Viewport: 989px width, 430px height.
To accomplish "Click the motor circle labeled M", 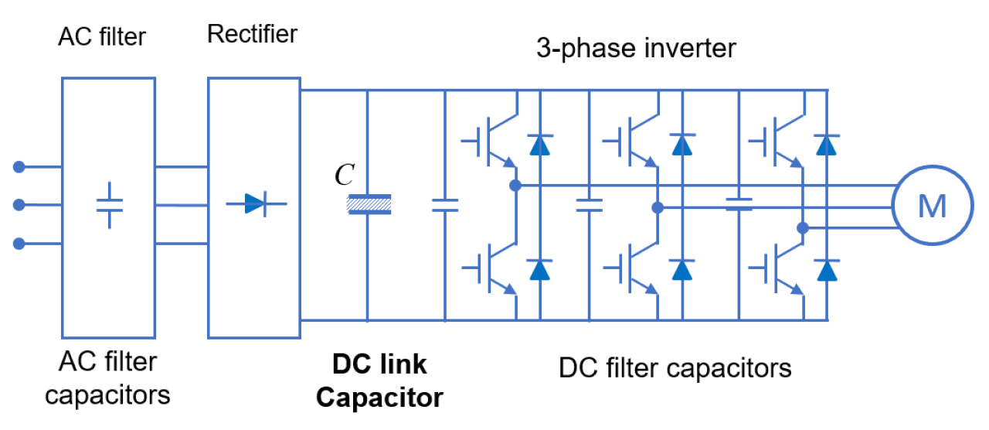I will (931, 206).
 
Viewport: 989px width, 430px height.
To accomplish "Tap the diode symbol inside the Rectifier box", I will (254, 204).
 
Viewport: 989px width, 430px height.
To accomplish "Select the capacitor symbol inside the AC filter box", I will (109, 205).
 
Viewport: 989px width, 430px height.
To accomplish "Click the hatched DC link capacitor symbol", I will (369, 204).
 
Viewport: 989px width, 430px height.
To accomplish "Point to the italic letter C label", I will (344, 176).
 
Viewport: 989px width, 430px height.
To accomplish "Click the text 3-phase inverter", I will (636, 48).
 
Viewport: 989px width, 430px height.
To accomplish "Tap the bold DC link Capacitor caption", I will (379, 381).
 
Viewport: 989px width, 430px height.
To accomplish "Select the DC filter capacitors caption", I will (675, 367).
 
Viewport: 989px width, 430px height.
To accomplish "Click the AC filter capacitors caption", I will (107, 378).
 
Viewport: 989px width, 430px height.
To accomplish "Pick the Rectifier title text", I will (252, 34).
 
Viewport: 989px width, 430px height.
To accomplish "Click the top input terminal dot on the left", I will (19, 166).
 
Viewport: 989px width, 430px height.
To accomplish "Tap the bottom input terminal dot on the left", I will (19, 244).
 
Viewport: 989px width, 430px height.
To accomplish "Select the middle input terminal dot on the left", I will (19, 205).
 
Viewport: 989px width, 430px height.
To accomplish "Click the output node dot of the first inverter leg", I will (515, 186).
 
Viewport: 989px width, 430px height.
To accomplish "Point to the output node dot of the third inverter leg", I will (803, 228).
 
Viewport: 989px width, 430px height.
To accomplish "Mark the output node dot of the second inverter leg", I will (658, 207).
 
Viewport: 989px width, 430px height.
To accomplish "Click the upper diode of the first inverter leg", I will (539, 145).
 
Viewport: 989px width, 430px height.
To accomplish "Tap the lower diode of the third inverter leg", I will (828, 270).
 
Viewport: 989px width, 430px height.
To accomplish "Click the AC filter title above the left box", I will (102, 37).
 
